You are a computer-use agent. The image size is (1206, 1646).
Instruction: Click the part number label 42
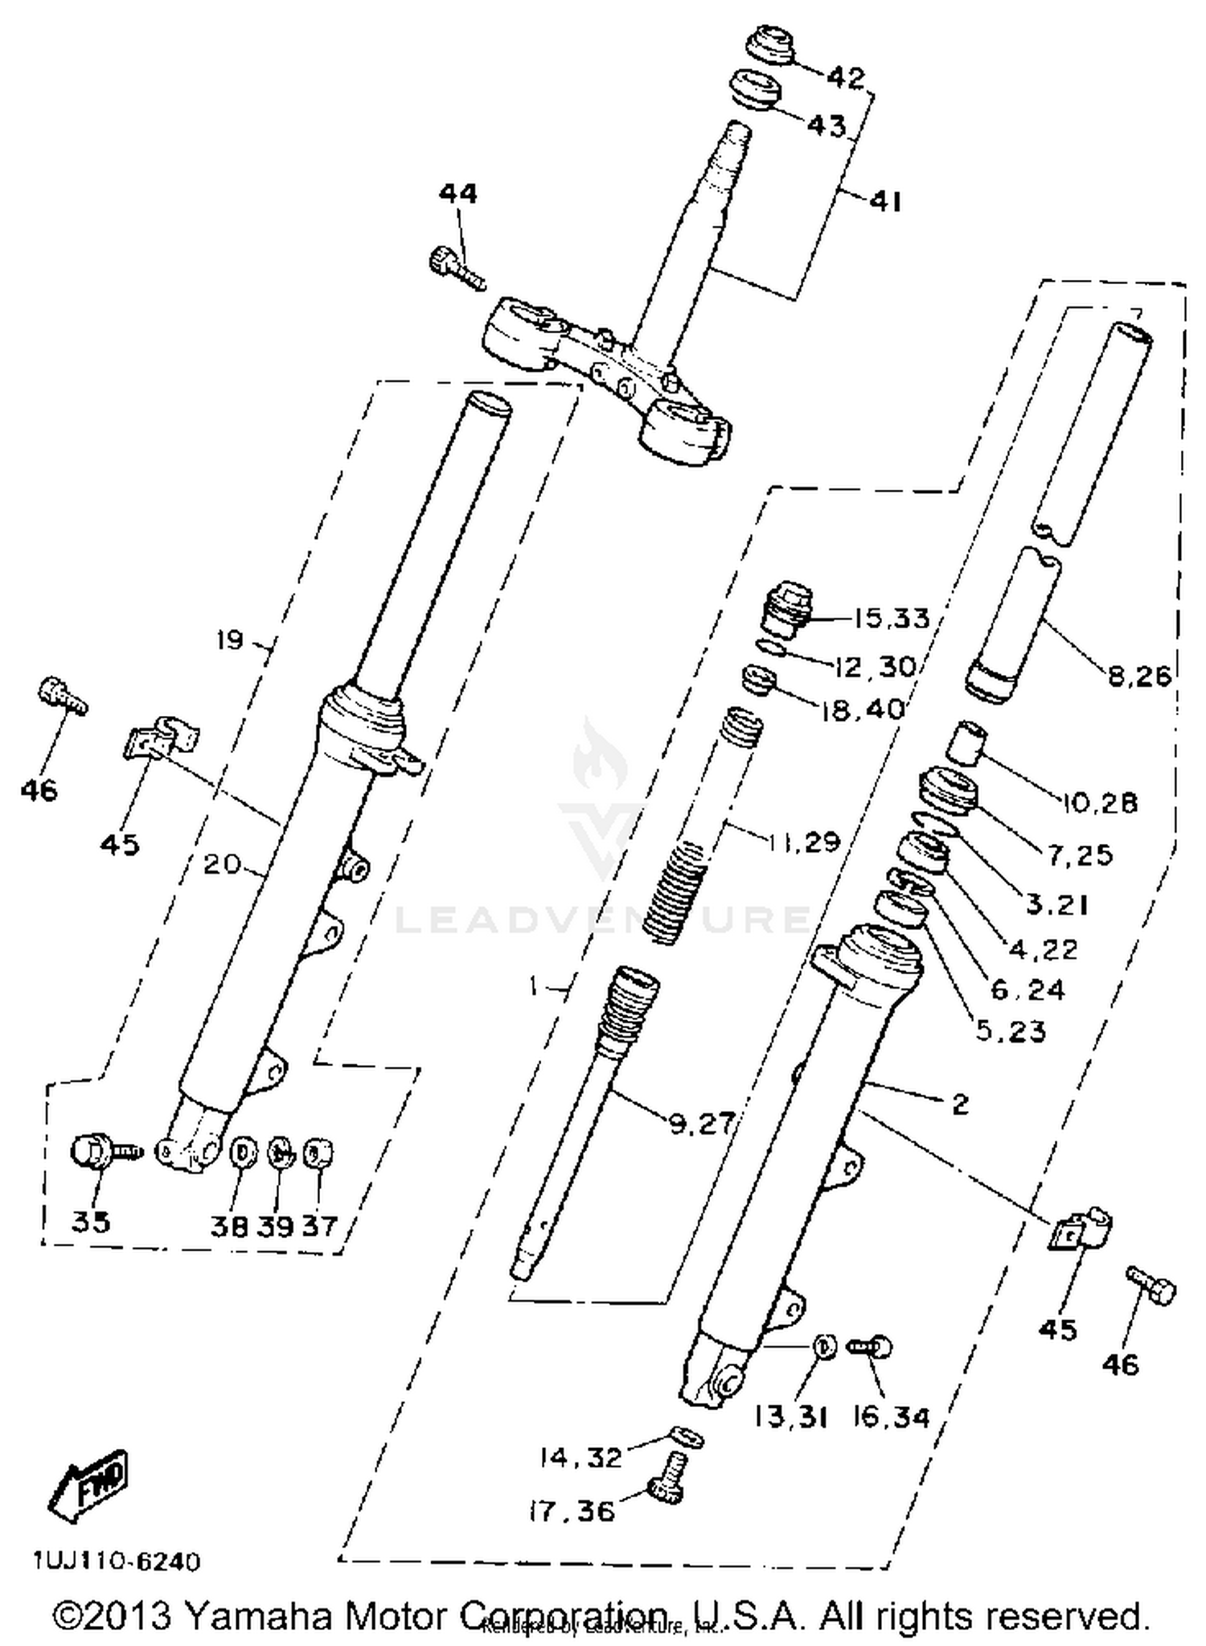[x=845, y=77]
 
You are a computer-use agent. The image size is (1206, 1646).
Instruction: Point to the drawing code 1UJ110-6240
[x=117, y=1562]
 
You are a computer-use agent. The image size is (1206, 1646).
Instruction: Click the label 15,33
[x=891, y=619]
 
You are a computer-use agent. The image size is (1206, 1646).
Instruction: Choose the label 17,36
[x=572, y=1511]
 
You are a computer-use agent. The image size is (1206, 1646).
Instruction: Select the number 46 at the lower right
[x=1121, y=1364]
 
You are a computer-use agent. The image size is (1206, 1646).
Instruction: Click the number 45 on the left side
[x=120, y=845]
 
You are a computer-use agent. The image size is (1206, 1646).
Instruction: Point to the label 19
[x=230, y=640]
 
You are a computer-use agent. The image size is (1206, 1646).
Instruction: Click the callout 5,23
[x=1011, y=1031]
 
